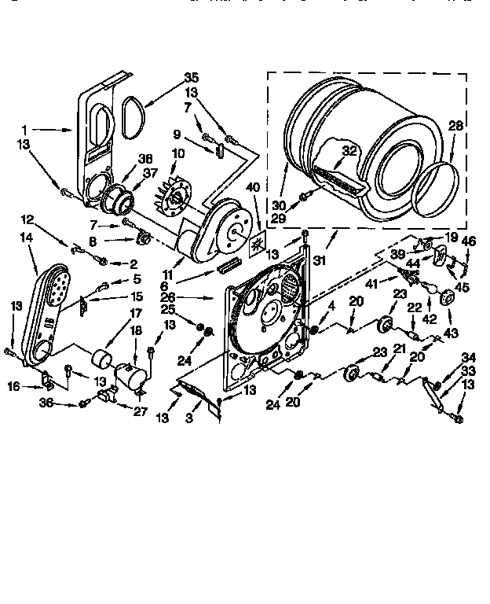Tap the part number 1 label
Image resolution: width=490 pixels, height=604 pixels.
click(25, 128)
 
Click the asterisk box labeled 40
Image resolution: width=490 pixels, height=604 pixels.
click(256, 246)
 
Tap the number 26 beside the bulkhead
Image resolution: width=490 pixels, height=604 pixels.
click(189, 297)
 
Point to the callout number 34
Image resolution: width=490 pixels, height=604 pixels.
click(469, 358)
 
